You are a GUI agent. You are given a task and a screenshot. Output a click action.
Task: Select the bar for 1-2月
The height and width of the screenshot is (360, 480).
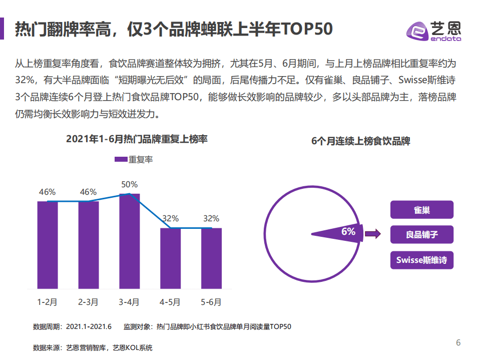tap(48, 245)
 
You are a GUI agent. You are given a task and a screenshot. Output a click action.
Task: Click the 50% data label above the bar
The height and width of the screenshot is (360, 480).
tap(129, 184)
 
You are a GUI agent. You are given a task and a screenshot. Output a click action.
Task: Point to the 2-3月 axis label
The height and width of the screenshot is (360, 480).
tap(88, 302)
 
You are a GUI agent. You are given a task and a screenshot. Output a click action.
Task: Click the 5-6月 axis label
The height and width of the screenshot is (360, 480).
tap(211, 302)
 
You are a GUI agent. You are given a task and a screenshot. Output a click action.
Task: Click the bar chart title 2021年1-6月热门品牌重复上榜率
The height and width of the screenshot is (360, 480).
tap(137, 140)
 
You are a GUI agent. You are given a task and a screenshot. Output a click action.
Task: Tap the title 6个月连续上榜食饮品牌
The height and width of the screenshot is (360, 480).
tap(360, 141)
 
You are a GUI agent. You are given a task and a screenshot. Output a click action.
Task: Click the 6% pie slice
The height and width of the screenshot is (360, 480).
tap(340, 232)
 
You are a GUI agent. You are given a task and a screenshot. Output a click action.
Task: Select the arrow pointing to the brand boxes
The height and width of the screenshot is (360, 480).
tap(371, 233)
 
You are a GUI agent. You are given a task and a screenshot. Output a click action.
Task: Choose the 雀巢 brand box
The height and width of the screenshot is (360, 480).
tap(421, 210)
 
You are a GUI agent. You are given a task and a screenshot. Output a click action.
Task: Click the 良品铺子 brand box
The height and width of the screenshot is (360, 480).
tap(421, 234)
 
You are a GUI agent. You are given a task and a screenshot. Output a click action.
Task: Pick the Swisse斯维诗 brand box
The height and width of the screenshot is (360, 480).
tap(421, 260)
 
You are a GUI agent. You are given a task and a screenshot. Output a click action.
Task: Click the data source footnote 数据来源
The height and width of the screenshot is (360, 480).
tap(93, 347)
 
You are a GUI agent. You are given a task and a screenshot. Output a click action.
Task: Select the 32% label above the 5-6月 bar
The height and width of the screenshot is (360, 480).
tap(211, 218)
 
